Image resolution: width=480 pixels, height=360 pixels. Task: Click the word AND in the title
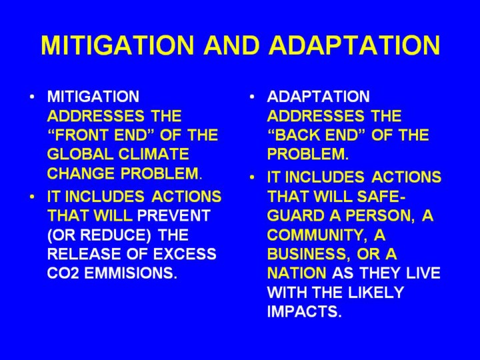coord(232,45)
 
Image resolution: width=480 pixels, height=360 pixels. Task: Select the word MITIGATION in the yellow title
coord(117,45)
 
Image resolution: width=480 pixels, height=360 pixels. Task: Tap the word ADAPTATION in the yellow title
coord(354,45)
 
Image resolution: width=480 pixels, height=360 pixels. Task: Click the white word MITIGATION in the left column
coord(93,97)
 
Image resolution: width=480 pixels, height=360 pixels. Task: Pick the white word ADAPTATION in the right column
coord(319,97)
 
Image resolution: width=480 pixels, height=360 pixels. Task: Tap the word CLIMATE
coord(154,154)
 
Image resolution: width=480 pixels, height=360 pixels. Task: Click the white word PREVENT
coord(173,215)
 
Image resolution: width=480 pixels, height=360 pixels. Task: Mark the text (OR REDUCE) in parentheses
coord(99,235)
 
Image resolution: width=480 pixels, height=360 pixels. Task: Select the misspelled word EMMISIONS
coord(131,273)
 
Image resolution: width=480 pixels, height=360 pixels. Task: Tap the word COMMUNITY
coord(317,235)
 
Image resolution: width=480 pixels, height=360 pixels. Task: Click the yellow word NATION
coord(297,273)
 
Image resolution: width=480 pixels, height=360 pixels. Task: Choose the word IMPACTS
coord(304,311)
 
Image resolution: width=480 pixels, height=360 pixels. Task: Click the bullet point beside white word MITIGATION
coord(32,97)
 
